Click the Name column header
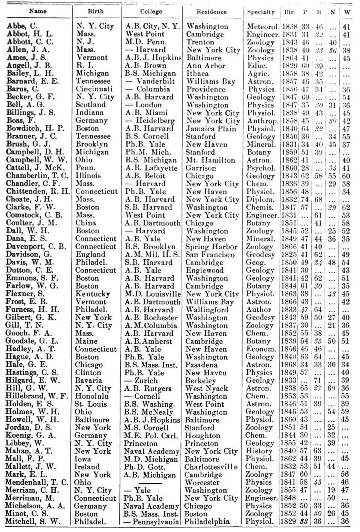click(38, 11)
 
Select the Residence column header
click(211, 12)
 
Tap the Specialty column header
click(261, 12)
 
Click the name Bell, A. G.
click(25, 105)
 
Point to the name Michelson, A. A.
click(35, 506)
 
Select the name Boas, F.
click(21, 120)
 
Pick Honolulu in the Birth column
click(92, 396)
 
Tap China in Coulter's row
click(85, 223)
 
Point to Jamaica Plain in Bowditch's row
click(211, 129)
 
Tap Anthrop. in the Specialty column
click(262, 121)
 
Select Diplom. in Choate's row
click(260, 200)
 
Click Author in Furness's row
click(259, 310)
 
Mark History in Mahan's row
click(259, 451)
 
